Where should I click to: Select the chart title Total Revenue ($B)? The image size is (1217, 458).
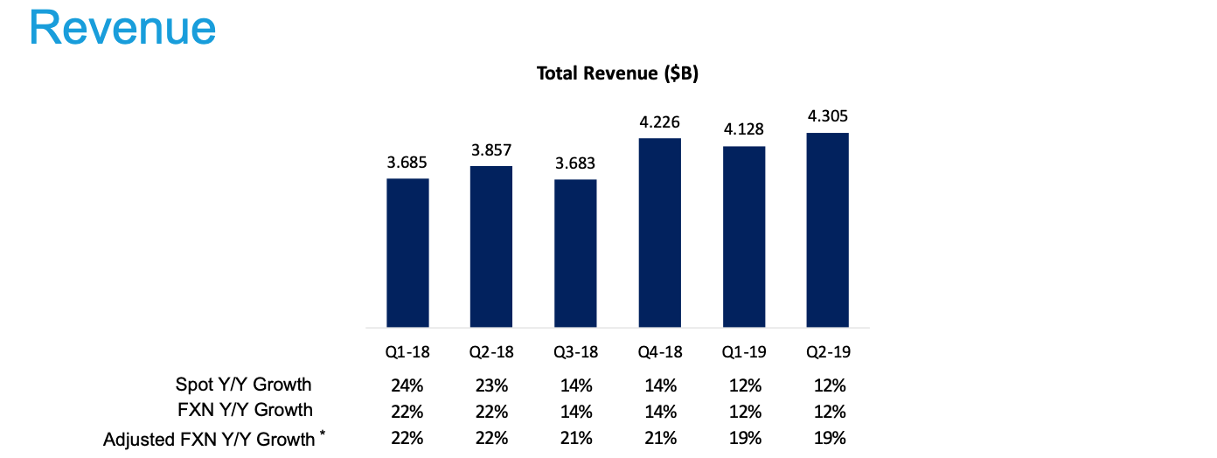pyautogui.click(x=617, y=74)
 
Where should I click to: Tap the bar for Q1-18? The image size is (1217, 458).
pyautogui.click(x=407, y=253)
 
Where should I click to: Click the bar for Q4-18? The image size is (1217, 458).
pyautogui.click(x=659, y=232)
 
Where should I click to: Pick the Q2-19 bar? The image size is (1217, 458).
pyautogui.click(x=828, y=230)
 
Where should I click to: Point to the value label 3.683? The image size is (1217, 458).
pyautogui.click(x=575, y=163)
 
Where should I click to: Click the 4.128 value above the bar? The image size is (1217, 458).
pyautogui.click(x=744, y=129)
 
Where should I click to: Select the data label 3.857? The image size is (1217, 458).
pyautogui.click(x=491, y=149)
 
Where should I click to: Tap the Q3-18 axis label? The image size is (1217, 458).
pyautogui.click(x=575, y=353)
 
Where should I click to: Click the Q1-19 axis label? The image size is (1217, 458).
pyautogui.click(x=744, y=353)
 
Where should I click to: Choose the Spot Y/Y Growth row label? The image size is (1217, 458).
pyautogui.click(x=243, y=384)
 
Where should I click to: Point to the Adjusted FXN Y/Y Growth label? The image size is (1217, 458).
pyautogui.click(x=209, y=439)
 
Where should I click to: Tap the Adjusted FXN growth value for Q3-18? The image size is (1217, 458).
pyautogui.click(x=576, y=439)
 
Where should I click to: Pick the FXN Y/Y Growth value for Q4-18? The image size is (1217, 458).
pyautogui.click(x=660, y=412)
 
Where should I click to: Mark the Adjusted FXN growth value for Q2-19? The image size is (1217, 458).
pyautogui.click(x=828, y=439)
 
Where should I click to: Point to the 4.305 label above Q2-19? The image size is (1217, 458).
pyautogui.click(x=828, y=116)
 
